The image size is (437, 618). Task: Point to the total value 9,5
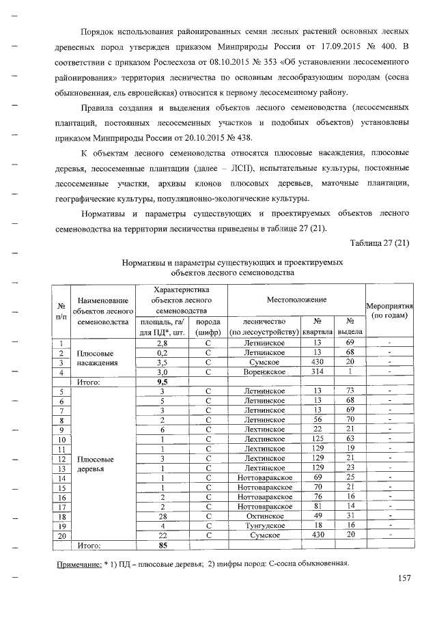tap(163, 382)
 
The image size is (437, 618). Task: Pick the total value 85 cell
tap(163, 546)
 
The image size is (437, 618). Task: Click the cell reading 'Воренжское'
tap(264, 371)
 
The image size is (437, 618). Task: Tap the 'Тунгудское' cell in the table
tap(264, 525)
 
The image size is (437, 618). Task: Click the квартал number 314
tap(317, 371)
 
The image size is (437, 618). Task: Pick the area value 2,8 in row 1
tap(163, 342)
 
